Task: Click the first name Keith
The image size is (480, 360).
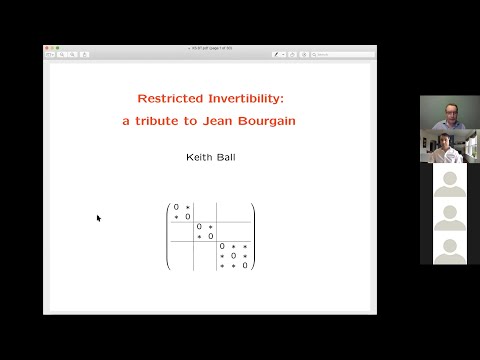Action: pyautogui.click(x=198, y=158)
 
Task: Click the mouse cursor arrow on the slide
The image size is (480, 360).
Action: pyautogui.click(x=98, y=217)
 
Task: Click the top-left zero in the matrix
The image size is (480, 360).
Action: pyautogui.click(x=177, y=207)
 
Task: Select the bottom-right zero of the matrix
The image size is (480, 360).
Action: pyautogui.click(x=244, y=265)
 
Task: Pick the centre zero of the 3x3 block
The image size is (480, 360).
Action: pyautogui.click(x=234, y=255)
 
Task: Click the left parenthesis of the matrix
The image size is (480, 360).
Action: pyautogui.click(x=168, y=236)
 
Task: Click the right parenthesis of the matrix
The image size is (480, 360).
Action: pyautogui.click(x=253, y=236)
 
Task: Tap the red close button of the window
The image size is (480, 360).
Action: pyautogui.click(x=47, y=46)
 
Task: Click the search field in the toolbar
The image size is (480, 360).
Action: pyautogui.click(x=345, y=54)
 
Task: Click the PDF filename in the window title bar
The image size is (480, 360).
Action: pyautogui.click(x=210, y=46)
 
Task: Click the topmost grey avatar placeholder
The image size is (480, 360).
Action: pyautogui.click(x=449, y=181)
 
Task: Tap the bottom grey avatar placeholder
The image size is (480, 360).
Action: pyautogui.click(x=449, y=247)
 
